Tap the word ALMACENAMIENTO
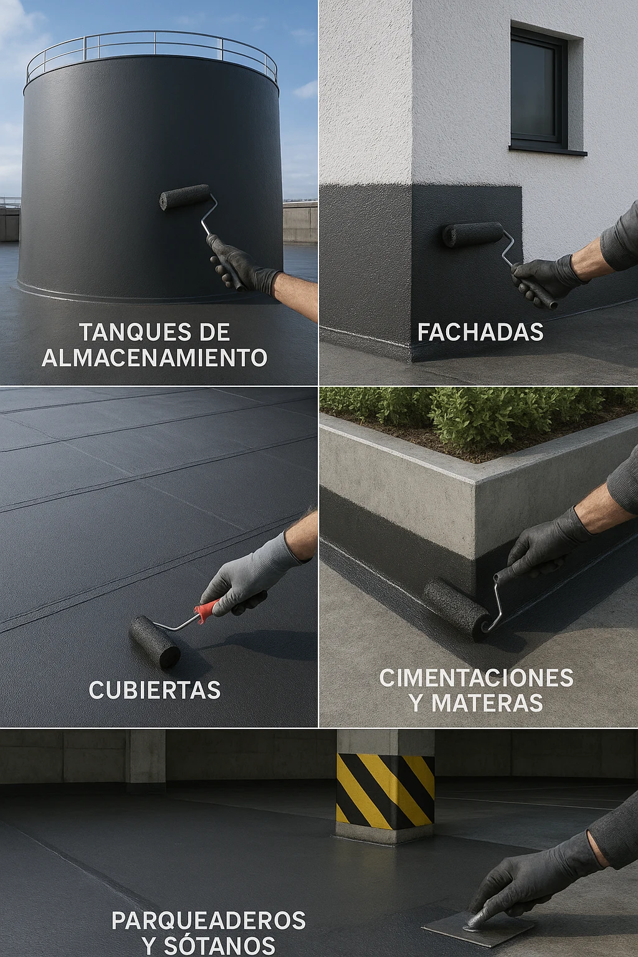point(155,358)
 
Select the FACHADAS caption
point(480,331)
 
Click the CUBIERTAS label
point(155,690)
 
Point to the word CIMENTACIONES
point(477,678)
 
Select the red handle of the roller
point(209,606)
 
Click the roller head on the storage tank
point(184,197)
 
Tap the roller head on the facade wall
point(473,234)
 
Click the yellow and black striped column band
point(385,791)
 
